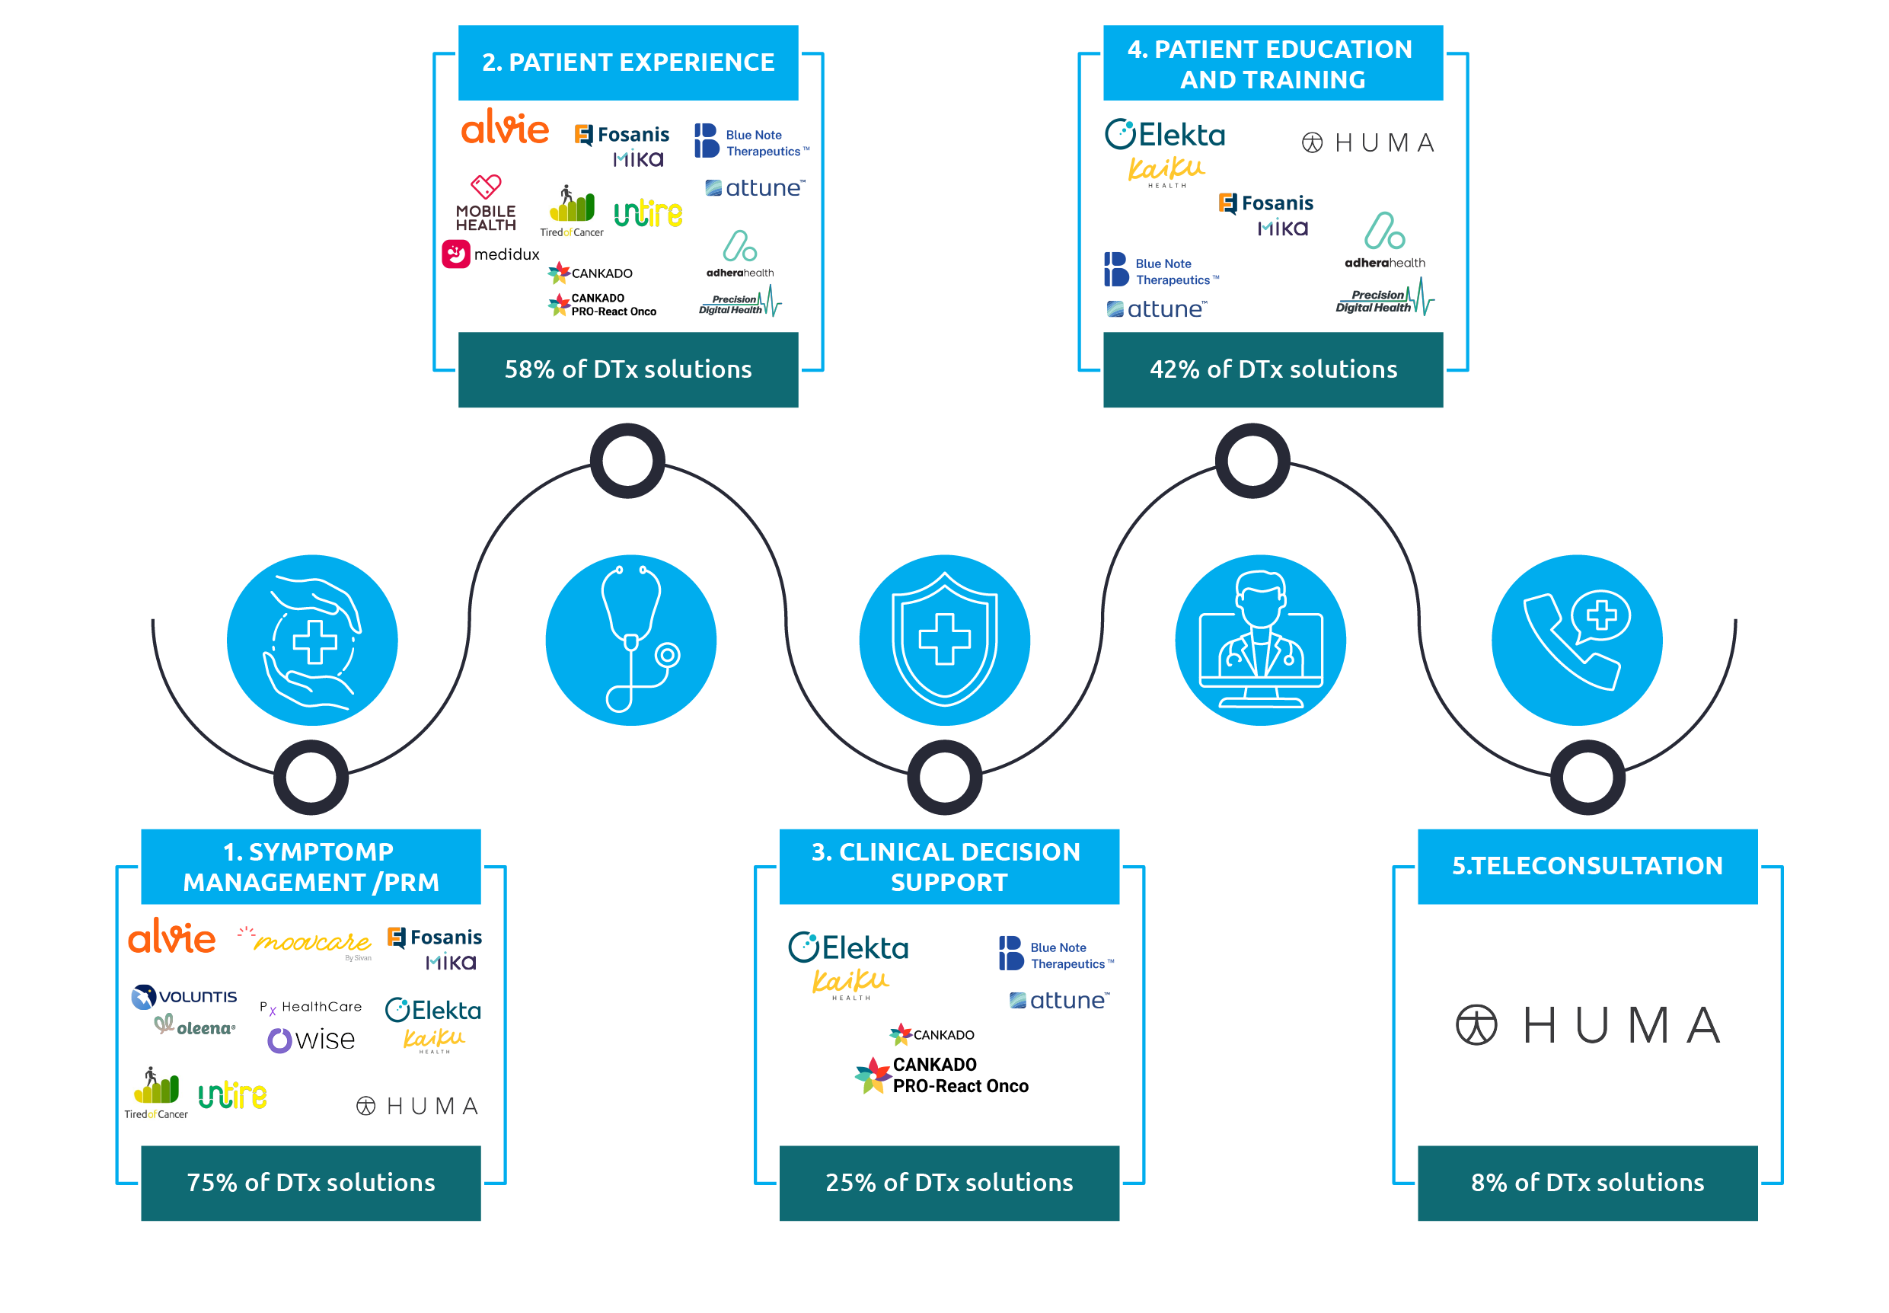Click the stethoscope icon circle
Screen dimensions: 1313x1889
tap(630, 639)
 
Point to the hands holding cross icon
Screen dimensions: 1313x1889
tap(311, 639)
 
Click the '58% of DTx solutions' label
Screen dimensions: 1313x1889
tap(627, 369)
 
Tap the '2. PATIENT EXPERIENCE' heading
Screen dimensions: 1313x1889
tap(627, 62)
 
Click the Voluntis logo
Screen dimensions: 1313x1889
tap(184, 996)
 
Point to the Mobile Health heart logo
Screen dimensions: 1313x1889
tap(485, 203)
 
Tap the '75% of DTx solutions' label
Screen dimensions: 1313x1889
tap(310, 1181)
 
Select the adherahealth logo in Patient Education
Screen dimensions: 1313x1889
tap(1384, 240)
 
